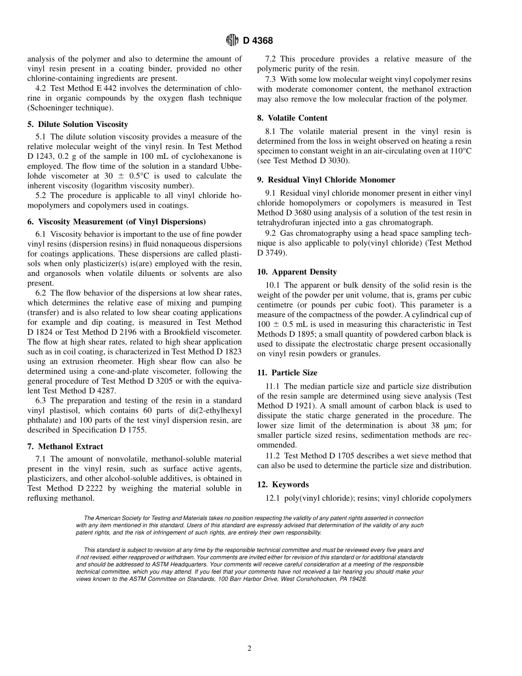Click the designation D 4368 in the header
click(258, 41)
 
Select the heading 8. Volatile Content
click(292, 118)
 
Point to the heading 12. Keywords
click(283, 484)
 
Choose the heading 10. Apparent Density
click(297, 271)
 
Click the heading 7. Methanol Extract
click(65, 446)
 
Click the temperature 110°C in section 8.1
click(457, 151)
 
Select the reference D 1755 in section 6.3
click(131, 430)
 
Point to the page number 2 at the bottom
click(249, 648)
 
